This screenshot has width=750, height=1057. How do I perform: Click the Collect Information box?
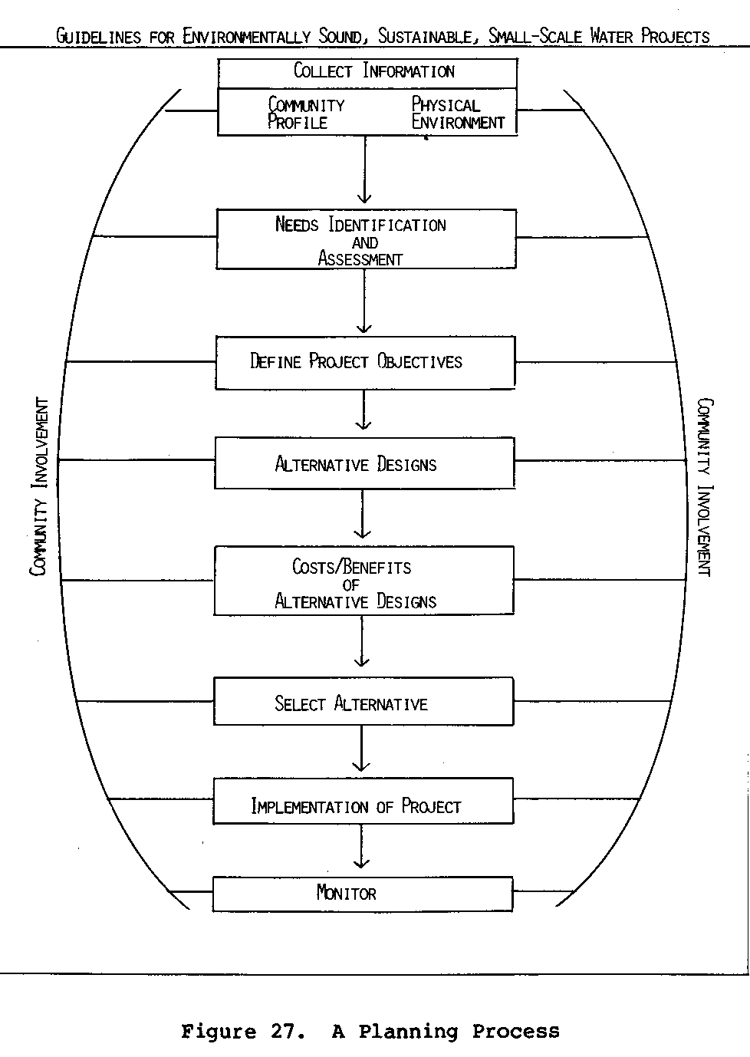367,73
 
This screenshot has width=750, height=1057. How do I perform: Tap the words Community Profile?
305,114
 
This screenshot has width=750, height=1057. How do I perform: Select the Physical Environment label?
458,114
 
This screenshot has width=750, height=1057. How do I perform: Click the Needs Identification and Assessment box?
366,239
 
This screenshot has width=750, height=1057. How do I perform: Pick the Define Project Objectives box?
365,362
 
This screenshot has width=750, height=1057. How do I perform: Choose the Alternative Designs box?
364,463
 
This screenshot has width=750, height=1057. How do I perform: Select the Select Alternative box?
363,702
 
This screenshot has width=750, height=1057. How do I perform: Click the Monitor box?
362,894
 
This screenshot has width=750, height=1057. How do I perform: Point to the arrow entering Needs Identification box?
365,173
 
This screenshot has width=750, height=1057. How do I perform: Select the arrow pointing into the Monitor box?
361,850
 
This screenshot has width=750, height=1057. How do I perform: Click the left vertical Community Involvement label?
39,486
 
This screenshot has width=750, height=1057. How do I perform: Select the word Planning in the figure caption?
408,1032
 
